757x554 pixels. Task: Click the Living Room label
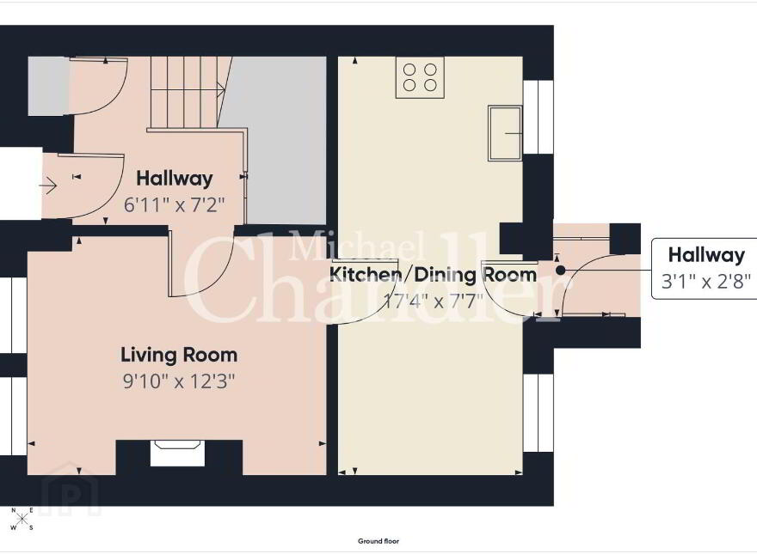pos(179,355)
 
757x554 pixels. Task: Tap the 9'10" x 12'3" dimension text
pos(179,381)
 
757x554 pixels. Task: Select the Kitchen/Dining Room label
pos(433,274)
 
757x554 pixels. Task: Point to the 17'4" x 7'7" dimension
pos(433,301)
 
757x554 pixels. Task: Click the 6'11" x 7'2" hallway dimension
pos(175,205)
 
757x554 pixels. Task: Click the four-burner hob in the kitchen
pos(420,77)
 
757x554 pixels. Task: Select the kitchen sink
pos(505,133)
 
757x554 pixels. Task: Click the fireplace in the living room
pos(178,454)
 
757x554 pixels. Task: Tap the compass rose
pos(22,519)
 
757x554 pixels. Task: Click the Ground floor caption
pos(378,541)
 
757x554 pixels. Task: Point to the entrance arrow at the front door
pos(48,186)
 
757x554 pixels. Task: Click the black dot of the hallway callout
pos(560,271)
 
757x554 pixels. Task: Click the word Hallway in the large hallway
pos(175,179)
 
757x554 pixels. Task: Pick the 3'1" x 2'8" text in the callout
pos(706,281)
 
